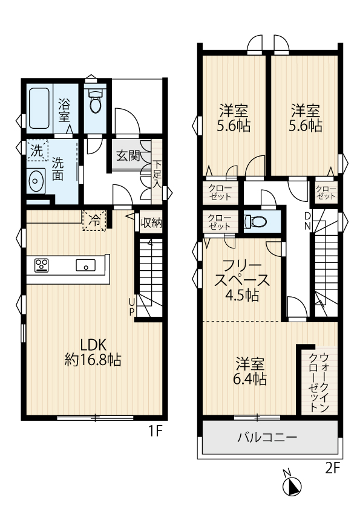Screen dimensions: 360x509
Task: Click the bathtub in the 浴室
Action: pos(39,108)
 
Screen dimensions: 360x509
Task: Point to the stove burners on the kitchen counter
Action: pos(42,265)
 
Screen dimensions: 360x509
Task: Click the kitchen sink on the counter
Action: pos(86,265)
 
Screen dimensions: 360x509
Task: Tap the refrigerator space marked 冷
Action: pos(94,221)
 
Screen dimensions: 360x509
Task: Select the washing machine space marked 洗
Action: pos(37,151)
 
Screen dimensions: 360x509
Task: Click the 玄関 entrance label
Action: pos(128,156)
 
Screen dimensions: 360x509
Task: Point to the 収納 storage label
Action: pos(151,222)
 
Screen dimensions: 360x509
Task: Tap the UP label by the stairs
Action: pos(131,307)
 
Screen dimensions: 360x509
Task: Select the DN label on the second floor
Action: pos(307,221)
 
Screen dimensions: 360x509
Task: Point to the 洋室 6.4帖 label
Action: pos(250,371)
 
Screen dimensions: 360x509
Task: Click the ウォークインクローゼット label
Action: pos(319,383)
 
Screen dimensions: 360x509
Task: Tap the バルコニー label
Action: pos(267,438)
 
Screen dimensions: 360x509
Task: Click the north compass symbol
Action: pos(292,485)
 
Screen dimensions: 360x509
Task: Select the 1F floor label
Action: pos(155,431)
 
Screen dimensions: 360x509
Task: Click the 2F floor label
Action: pos(332,468)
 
